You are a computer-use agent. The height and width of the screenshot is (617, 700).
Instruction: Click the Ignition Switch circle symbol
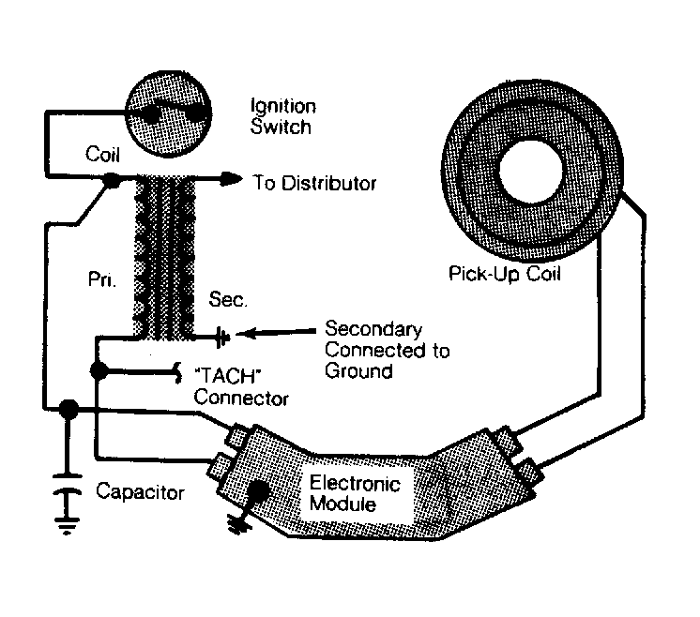(168, 113)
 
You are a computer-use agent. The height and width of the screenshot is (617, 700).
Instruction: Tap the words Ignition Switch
(283, 116)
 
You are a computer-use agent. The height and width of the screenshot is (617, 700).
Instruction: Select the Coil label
(102, 155)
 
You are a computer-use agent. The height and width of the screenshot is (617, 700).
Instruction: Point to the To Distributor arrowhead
(232, 179)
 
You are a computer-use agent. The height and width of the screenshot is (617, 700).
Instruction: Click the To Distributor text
(314, 183)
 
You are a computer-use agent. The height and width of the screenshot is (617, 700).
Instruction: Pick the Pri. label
(102, 279)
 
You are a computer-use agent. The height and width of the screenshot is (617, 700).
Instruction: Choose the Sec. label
(228, 299)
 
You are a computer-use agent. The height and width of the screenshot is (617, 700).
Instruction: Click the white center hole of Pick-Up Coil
(531, 170)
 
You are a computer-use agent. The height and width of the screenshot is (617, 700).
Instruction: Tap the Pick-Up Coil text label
(505, 274)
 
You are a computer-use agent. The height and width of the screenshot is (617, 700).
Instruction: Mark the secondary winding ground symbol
(222, 338)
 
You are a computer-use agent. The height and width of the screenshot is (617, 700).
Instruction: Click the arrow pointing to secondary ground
(276, 332)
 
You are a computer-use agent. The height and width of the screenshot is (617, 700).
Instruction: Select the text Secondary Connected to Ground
(387, 350)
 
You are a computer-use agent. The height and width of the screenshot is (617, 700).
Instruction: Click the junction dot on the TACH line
(99, 370)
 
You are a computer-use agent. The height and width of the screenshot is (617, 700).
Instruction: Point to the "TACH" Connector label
(241, 386)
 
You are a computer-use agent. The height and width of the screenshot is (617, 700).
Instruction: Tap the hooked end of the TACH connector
(177, 372)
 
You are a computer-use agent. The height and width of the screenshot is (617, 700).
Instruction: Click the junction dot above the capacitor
(68, 409)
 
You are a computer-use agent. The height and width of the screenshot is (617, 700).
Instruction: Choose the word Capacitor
(140, 491)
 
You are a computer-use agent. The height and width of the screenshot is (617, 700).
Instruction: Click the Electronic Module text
(356, 493)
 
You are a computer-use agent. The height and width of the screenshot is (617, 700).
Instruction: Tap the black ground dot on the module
(257, 491)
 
